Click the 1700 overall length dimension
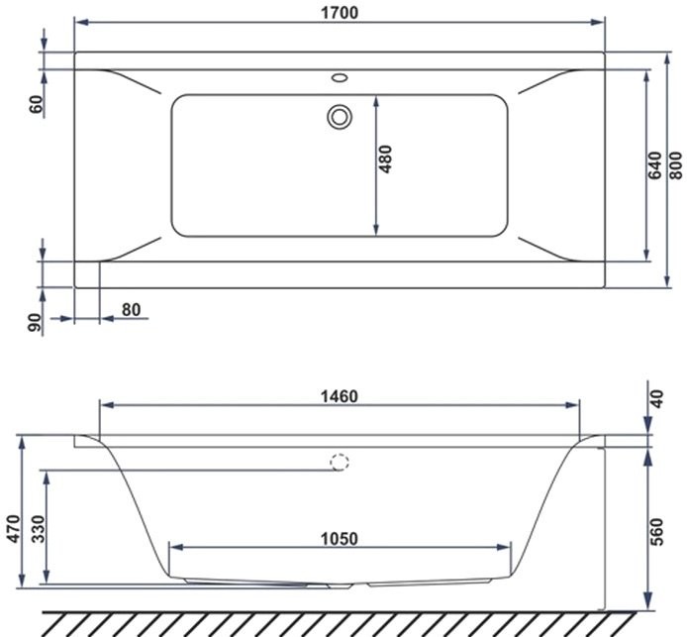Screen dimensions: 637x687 [x=340, y=12]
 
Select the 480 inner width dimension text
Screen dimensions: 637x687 [x=386, y=161]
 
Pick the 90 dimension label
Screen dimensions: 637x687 [x=37, y=321]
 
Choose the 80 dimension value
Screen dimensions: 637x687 [x=131, y=309]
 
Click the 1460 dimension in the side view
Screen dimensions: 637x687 [x=340, y=396]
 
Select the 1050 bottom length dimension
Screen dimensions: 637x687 [x=340, y=539]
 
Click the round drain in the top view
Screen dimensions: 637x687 [x=340, y=117]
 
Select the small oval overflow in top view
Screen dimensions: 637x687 [x=340, y=75]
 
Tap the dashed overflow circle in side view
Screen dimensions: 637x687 [x=340, y=462]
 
